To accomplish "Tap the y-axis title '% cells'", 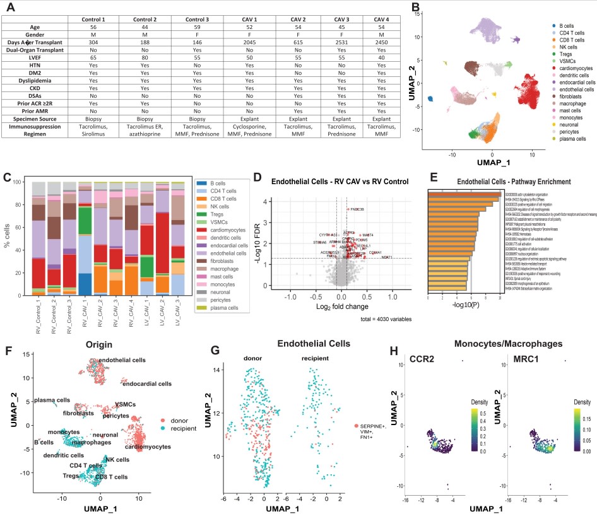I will [x=8, y=236].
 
